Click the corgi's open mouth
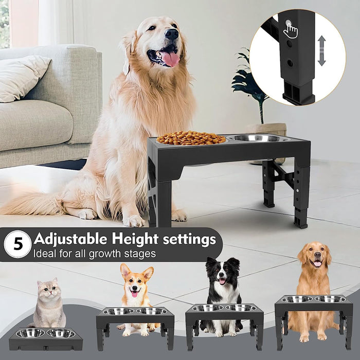pos(135,293)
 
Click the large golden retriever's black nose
pos(172,34)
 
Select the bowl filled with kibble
pos(191,138)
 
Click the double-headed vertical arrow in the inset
pos(321,50)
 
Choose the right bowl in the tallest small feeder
pos(330,299)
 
